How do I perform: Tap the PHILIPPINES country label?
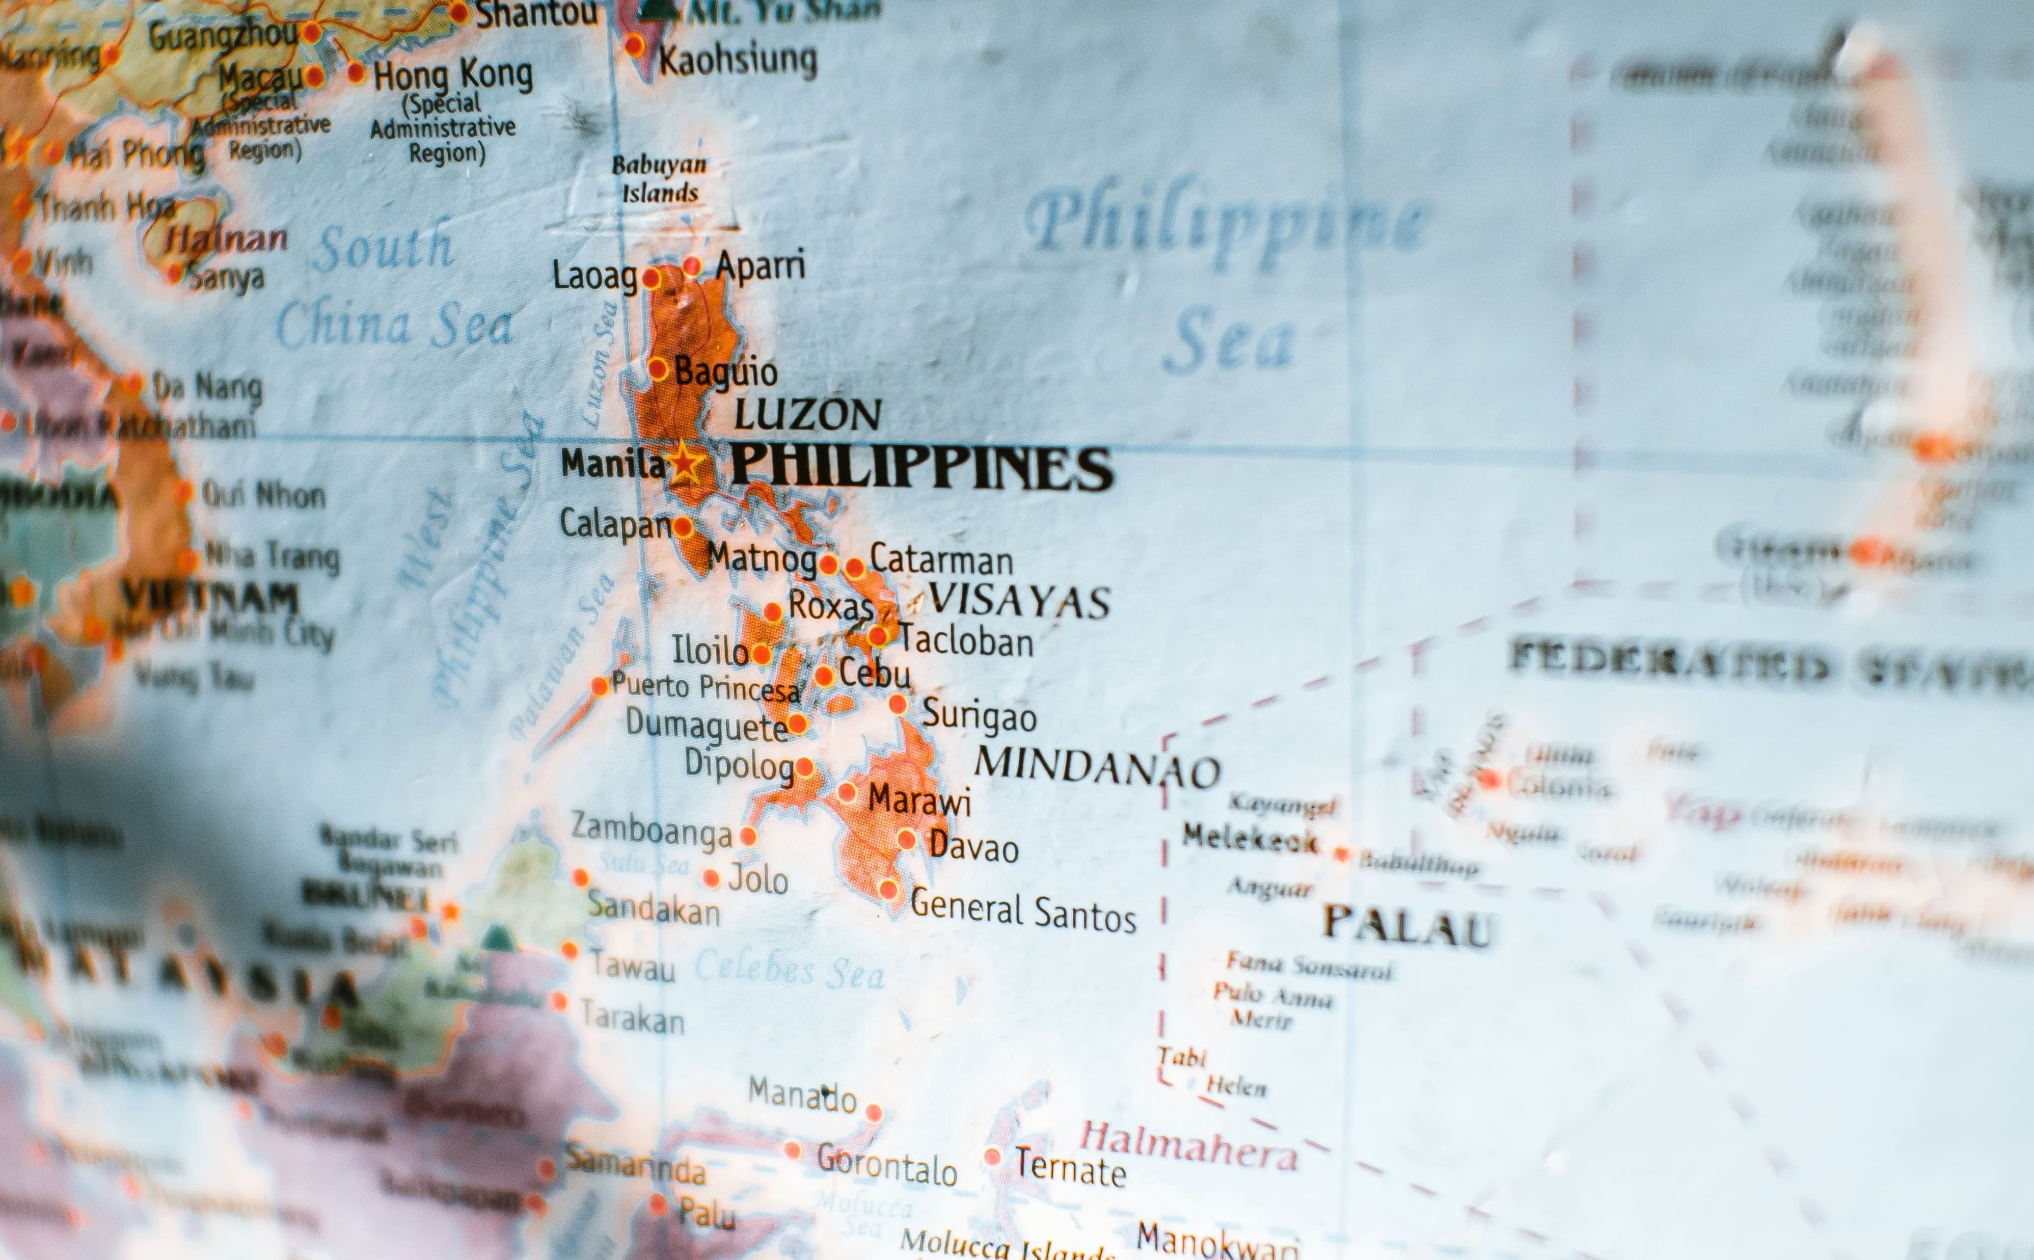(x=921, y=468)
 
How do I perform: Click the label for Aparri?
(x=760, y=266)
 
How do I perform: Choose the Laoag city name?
(x=594, y=276)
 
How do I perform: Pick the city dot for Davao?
(x=906, y=840)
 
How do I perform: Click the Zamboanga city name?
(x=652, y=831)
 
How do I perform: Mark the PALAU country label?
(x=1407, y=927)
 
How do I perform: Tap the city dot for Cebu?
(x=824, y=676)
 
